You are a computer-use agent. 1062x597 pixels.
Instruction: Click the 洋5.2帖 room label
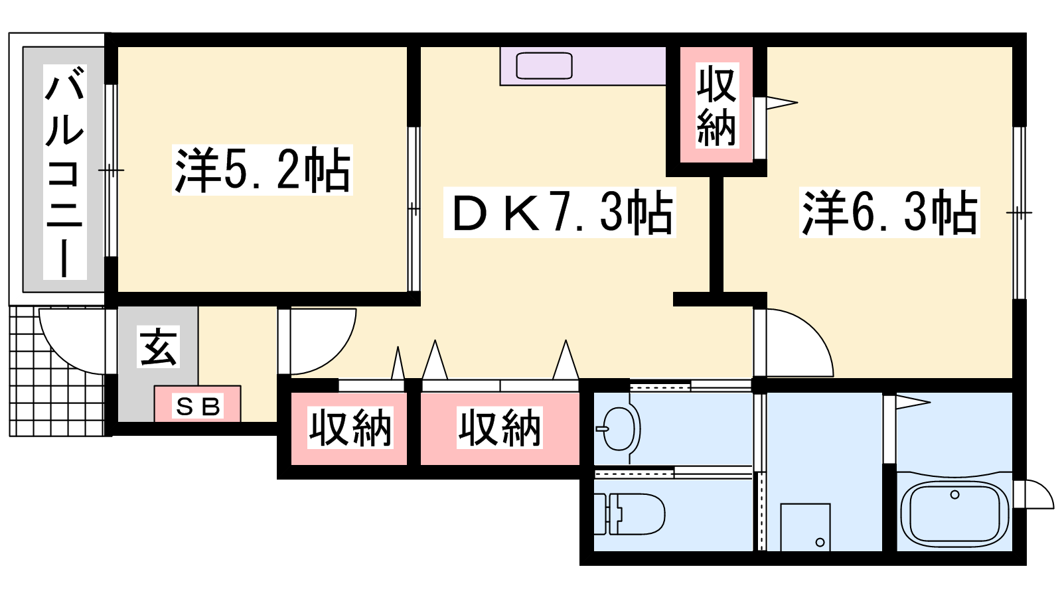pyautogui.click(x=262, y=170)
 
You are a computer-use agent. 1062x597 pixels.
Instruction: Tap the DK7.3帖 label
pyautogui.click(x=560, y=212)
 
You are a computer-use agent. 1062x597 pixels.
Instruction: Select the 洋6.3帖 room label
pyautogui.click(x=889, y=212)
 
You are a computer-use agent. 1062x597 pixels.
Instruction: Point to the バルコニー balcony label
pyautogui.click(x=65, y=172)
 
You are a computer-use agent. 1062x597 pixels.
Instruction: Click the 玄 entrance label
pyautogui.click(x=159, y=346)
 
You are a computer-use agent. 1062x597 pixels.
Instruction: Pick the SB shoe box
pyautogui.click(x=198, y=404)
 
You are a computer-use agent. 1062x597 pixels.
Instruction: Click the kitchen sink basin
pyautogui.click(x=544, y=66)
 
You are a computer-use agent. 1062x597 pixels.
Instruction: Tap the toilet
pyautogui.click(x=630, y=514)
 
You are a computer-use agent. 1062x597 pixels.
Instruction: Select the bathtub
pyautogui.click(x=954, y=511)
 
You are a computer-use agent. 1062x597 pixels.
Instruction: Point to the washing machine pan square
pyautogui.click(x=806, y=527)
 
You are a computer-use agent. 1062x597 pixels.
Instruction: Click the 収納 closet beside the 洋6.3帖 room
pyautogui.click(x=716, y=105)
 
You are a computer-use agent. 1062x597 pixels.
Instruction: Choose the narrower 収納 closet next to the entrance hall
pyautogui.click(x=349, y=429)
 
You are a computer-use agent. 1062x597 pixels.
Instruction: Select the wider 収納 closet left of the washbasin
pyautogui.click(x=500, y=429)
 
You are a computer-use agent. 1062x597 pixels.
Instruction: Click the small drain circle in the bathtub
pyautogui.click(x=955, y=495)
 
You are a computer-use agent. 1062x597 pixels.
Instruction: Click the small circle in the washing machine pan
pyautogui.click(x=820, y=543)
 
